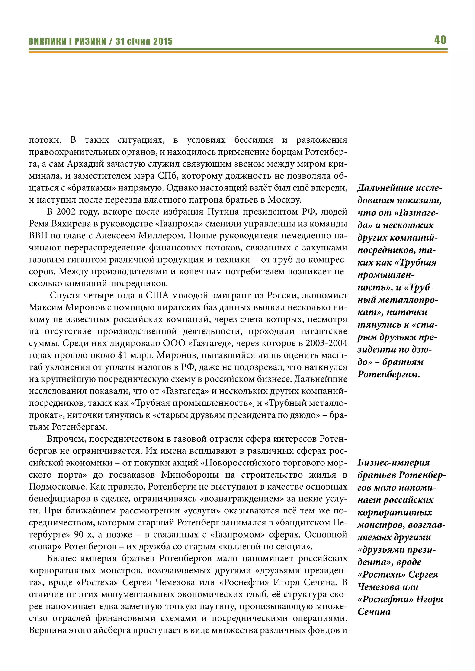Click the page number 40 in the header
coord(440,40)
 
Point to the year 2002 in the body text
coord(66,212)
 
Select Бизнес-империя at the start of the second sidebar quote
coord(393,463)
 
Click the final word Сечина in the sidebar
coord(374,612)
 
